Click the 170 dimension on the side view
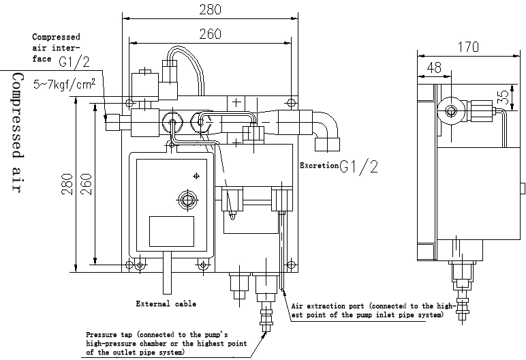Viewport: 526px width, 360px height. tap(468, 47)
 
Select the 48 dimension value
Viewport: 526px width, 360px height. tap(434, 67)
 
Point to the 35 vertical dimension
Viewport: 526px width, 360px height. tap(504, 97)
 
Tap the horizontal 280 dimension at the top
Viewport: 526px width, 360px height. tap(211, 10)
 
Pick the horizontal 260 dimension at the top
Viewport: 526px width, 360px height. tap(211, 34)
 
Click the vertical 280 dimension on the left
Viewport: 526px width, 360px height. tap(67, 184)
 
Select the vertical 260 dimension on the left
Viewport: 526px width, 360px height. tap(87, 184)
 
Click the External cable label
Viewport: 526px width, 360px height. tap(166, 304)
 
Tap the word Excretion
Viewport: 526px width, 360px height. tap(319, 165)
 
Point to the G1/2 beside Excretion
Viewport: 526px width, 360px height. tap(358, 166)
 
